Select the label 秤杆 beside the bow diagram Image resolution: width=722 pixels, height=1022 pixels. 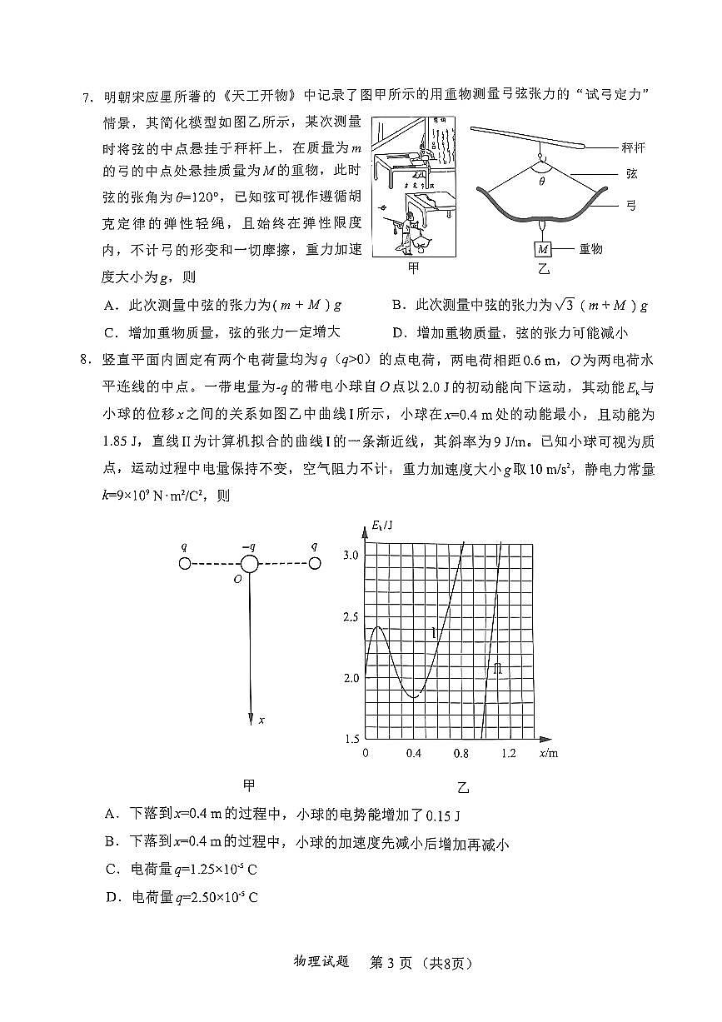click(x=634, y=147)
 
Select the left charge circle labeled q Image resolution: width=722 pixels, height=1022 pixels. click(x=185, y=564)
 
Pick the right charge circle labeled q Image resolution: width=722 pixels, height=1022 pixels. click(x=314, y=564)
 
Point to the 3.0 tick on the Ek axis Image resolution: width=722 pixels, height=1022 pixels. click(x=350, y=555)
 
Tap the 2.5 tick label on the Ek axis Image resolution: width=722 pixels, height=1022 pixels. click(x=350, y=616)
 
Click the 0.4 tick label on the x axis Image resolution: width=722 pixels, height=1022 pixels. click(x=414, y=754)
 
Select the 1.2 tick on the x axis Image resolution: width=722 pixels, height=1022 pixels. click(x=509, y=754)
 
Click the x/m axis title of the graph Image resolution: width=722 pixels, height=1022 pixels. click(x=548, y=754)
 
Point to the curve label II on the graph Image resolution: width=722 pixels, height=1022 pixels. click(x=497, y=669)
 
